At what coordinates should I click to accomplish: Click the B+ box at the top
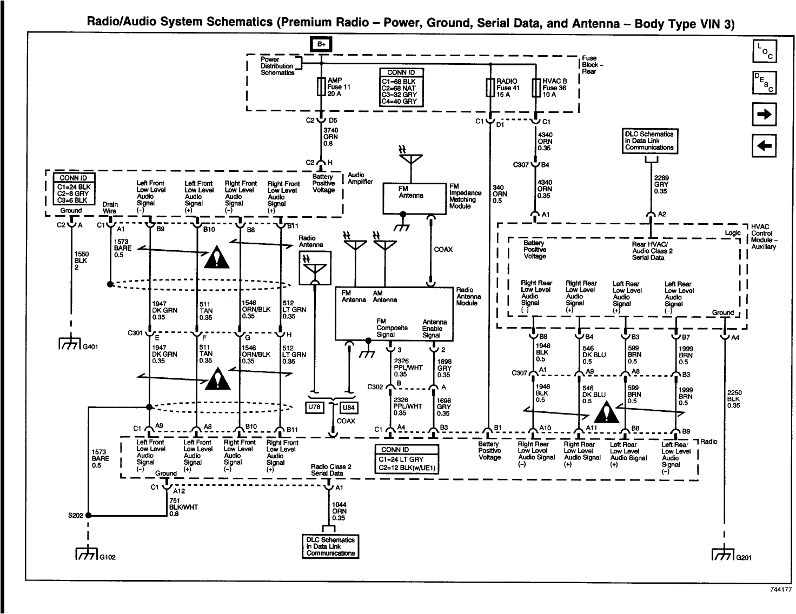tap(321, 44)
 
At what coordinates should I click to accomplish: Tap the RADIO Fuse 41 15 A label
tap(506, 88)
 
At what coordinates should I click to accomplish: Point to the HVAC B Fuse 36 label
tap(554, 88)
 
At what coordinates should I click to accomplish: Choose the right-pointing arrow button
tap(765, 114)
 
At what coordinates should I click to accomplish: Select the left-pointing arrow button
tap(765, 144)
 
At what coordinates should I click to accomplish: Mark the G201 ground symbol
tap(723, 557)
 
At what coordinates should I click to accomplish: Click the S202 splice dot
tap(88, 516)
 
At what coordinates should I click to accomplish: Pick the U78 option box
tap(314, 408)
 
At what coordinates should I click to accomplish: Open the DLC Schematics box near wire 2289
tap(649, 141)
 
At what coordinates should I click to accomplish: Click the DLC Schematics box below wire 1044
tap(330, 546)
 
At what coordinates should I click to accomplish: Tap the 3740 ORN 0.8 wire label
tap(330, 137)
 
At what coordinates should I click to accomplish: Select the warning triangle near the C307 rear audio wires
tap(607, 413)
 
